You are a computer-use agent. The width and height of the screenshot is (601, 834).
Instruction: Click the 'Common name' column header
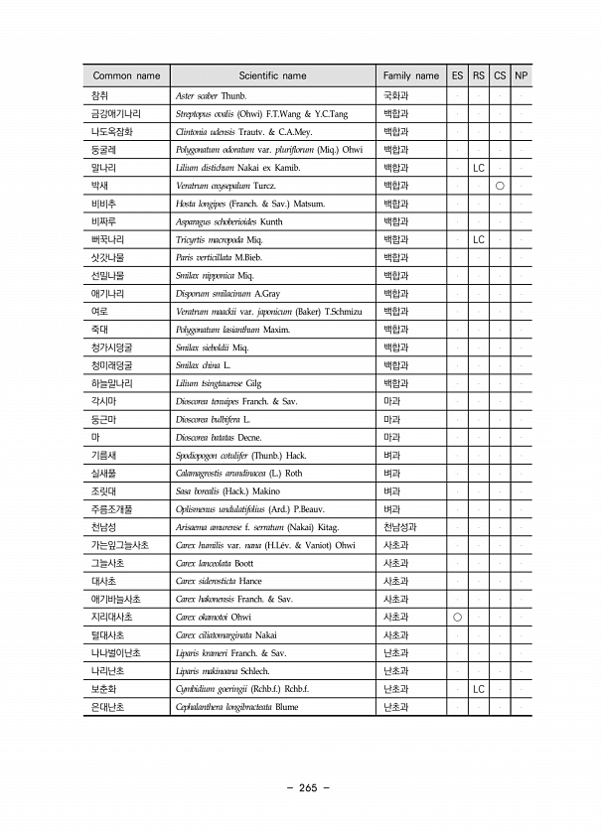point(126,75)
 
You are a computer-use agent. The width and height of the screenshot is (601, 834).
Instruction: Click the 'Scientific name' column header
point(272,75)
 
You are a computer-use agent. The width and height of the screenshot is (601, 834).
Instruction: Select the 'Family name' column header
point(410,75)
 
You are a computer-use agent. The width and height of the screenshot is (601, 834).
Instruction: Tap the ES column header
point(457,75)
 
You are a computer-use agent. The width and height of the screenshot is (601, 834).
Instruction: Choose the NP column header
point(521,75)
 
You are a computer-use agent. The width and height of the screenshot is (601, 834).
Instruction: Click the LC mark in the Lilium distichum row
point(478,168)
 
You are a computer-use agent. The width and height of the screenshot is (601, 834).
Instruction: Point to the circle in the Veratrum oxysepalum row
point(500,186)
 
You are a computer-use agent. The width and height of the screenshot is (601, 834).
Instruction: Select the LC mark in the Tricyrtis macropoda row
point(478,240)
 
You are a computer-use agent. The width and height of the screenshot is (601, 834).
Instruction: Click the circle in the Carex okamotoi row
point(457,617)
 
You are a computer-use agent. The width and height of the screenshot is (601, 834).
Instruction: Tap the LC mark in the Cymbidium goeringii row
point(478,688)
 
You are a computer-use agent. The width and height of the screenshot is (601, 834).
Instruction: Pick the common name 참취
point(99,96)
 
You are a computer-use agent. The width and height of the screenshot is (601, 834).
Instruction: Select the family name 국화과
point(395,96)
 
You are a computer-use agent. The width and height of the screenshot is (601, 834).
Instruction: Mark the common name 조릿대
point(104,490)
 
